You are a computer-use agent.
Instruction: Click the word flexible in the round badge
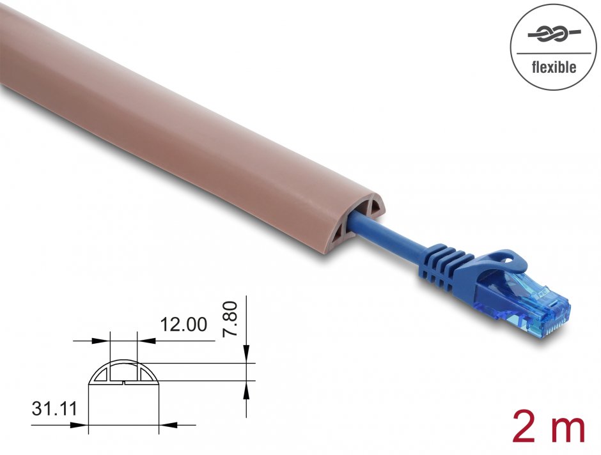(554, 67)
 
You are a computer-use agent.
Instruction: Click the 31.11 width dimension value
(53, 408)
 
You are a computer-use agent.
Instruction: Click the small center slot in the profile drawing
(122, 382)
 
